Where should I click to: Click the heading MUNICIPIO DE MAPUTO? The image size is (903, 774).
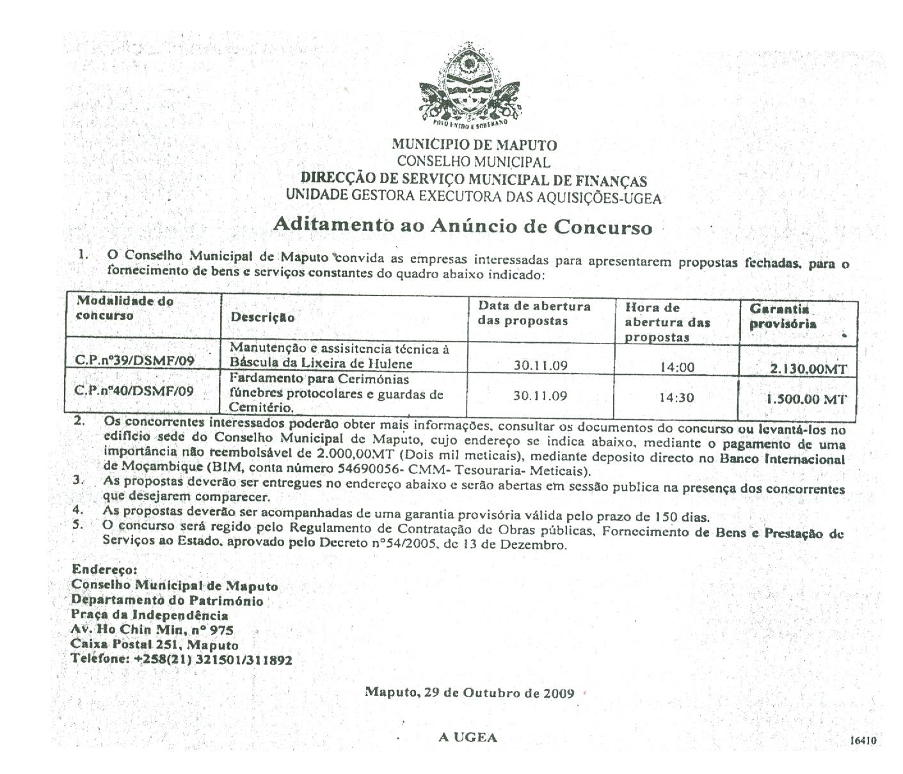[474, 145]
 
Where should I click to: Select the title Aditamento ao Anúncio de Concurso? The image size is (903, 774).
[463, 226]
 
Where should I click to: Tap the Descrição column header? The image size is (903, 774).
[262, 317]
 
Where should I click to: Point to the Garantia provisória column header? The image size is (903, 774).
[783, 316]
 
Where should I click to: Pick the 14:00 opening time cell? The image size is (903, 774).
[676, 367]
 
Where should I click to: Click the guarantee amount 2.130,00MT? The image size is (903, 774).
[808, 368]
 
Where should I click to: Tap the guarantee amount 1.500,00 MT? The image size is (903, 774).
[806, 399]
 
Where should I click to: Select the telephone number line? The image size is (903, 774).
[182, 659]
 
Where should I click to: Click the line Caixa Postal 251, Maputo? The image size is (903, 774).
[155, 645]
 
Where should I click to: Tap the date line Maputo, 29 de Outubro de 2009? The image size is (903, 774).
[469, 692]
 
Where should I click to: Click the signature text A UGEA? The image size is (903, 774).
[468, 738]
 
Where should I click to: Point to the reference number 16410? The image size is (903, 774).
[863, 741]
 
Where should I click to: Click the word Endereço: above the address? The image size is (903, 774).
[104, 569]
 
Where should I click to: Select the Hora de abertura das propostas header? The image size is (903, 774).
[667, 322]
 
